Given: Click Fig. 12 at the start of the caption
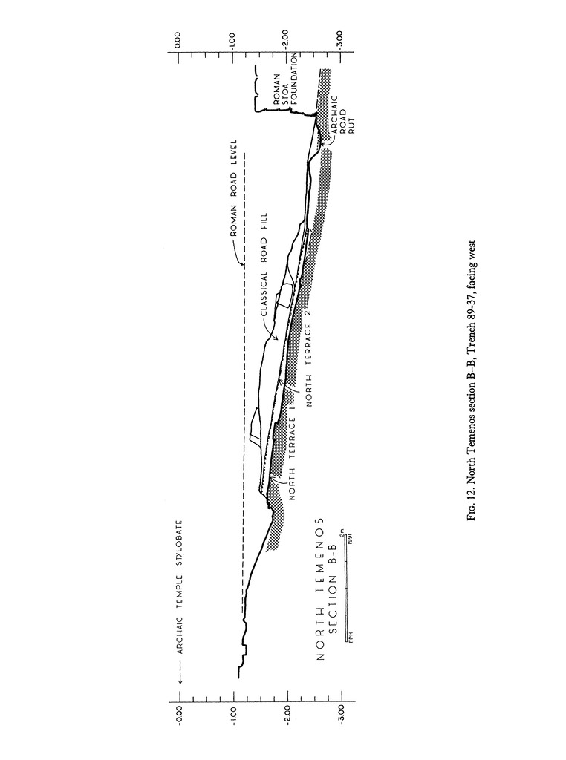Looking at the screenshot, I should (472, 504).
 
